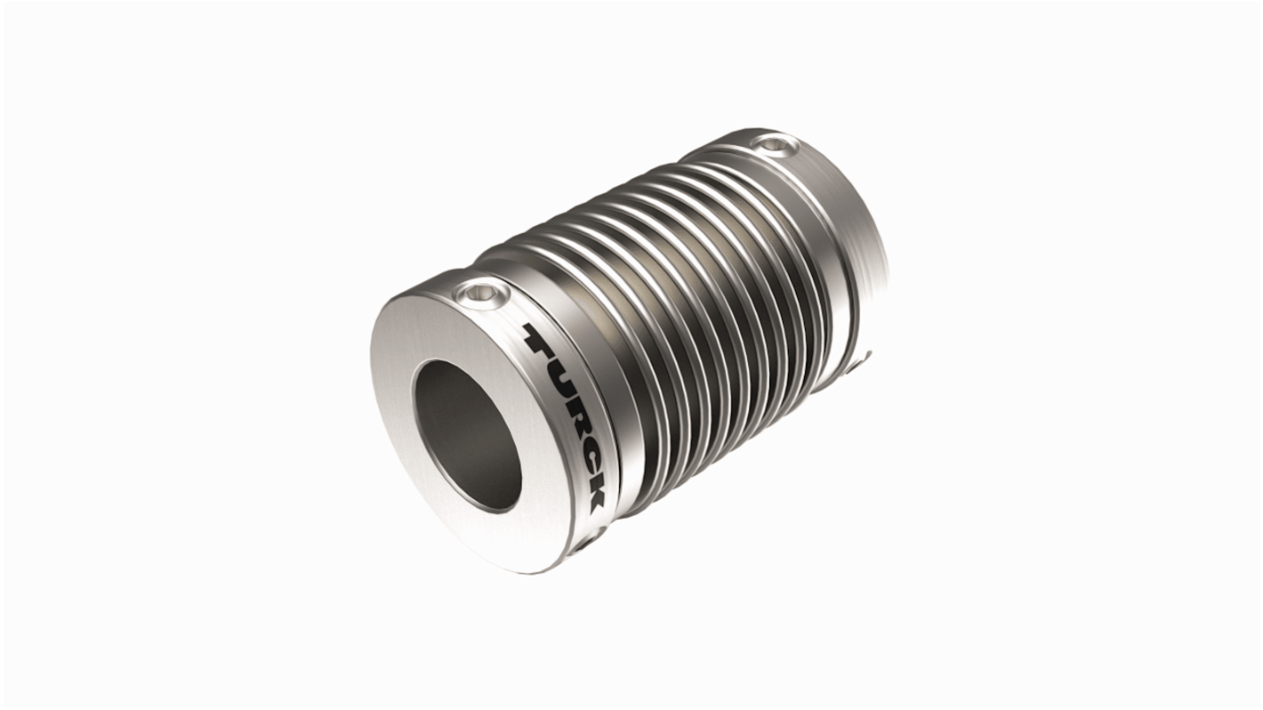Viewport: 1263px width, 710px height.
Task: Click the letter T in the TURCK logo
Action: click(x=541, y=339)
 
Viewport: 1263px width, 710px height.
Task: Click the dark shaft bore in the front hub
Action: click(x=467, y=436)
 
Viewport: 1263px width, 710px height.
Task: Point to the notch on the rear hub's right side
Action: click(x=861, y=361)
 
